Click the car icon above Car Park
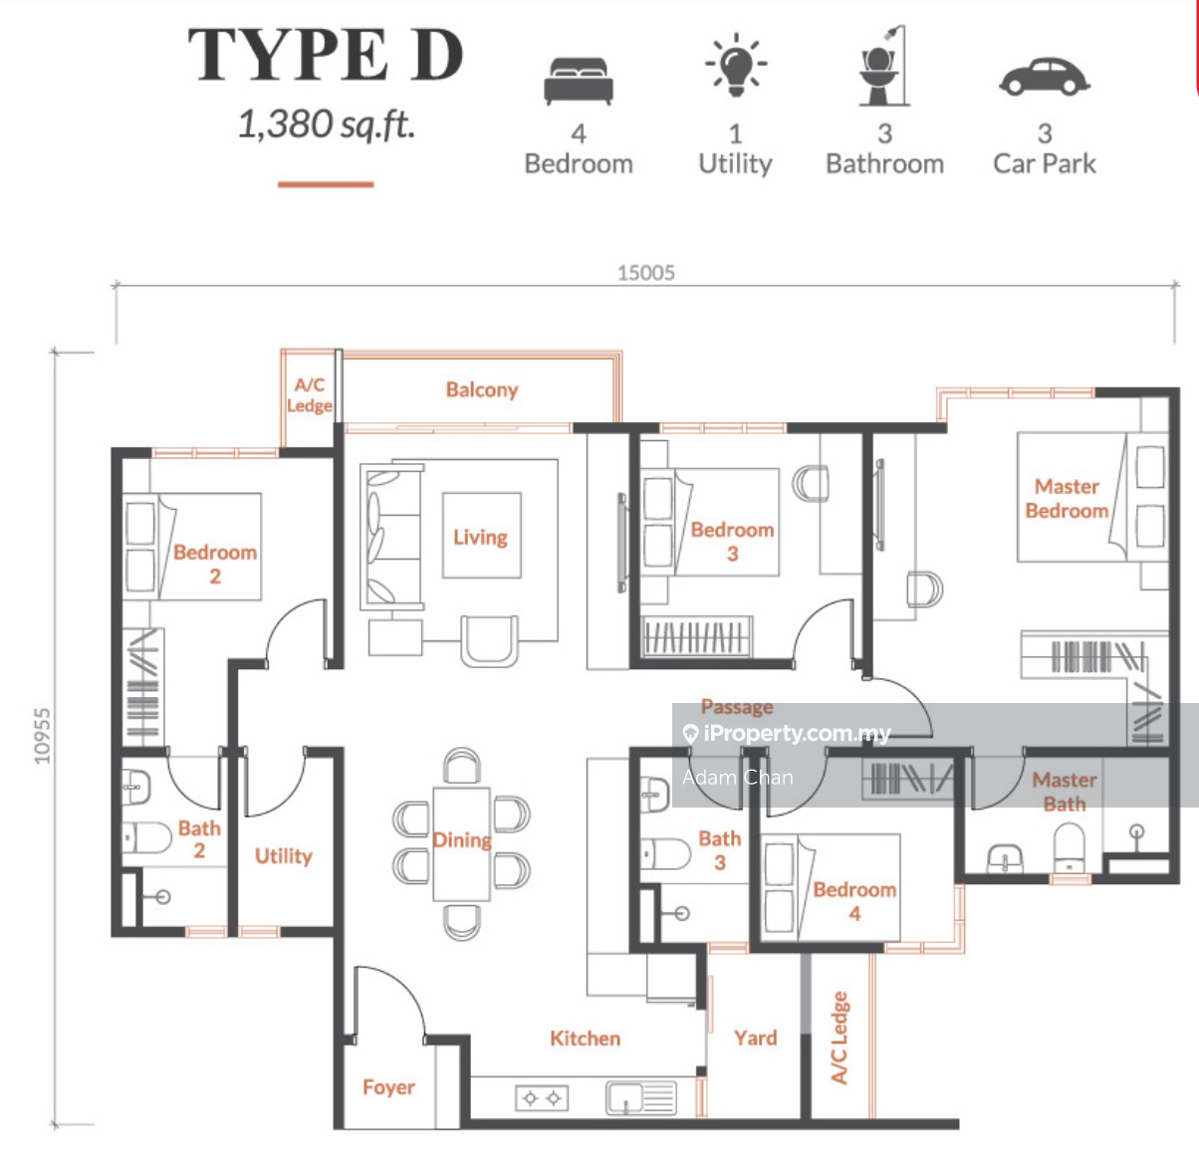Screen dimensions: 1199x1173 (1045, 78)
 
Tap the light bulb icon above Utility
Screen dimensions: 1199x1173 (736, 65)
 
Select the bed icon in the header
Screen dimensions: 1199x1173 (579, 81)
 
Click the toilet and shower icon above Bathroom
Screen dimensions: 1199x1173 (884, 66)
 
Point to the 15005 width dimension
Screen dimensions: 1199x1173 (646, 273)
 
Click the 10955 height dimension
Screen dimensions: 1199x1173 (42, 736)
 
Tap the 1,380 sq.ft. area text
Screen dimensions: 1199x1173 (327, 124)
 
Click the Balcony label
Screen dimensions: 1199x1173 (482, 390)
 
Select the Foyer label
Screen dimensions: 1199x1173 (388, 1086)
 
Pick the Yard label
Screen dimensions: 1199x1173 (756, 1039)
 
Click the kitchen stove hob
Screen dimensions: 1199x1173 (542, 1098)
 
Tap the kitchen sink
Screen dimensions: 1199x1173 (641, 1098)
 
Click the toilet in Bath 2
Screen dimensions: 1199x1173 (146, 837)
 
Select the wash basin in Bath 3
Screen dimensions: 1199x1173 (654, 795)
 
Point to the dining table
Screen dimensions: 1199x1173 (462, 844)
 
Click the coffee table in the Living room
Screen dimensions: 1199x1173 (482, 536)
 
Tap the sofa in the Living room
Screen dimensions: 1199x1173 (393, 537)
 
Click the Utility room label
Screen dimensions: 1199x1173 (284, 855)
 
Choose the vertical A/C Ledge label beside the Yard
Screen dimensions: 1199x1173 (839, 1038)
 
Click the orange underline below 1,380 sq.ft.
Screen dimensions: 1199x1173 (326, 184)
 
